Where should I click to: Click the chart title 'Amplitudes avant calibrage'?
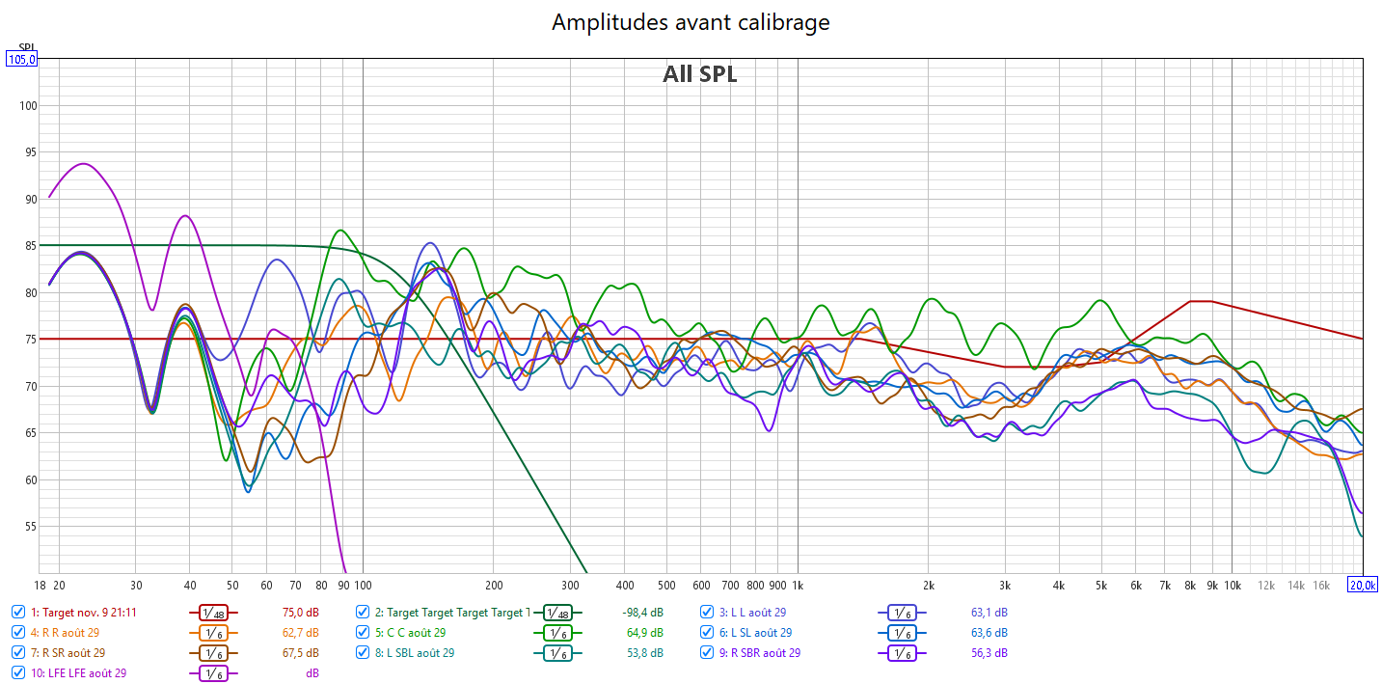pyautogui.click(x=691, y=22)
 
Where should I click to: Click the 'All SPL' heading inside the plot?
pyautogui.click(x=699, y=74)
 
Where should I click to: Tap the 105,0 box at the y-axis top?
pyautogui.click(x=21, y=59)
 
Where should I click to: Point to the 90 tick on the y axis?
pyautogui.click(x=29, y=200)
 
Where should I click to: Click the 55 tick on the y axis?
pyautogui.click(x=29, y=527)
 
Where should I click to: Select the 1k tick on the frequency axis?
pyautogui.click(x=797, y=585)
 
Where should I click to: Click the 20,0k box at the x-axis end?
pyautogui.click(x=1362, y=585)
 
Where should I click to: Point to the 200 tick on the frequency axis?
pyautogui.click(x=494, y=585)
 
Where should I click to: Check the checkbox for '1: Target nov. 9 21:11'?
pyautogui.click(x=18, y=613)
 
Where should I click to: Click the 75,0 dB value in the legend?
pyautogui.click(x=301, y=613)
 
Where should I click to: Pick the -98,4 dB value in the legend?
pyautogui.click(x=642, y=613)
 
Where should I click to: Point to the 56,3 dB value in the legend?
pyautogui.click(x=989, y=653)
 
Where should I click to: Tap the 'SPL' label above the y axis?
pyautogui.click(x=26, y=46)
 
